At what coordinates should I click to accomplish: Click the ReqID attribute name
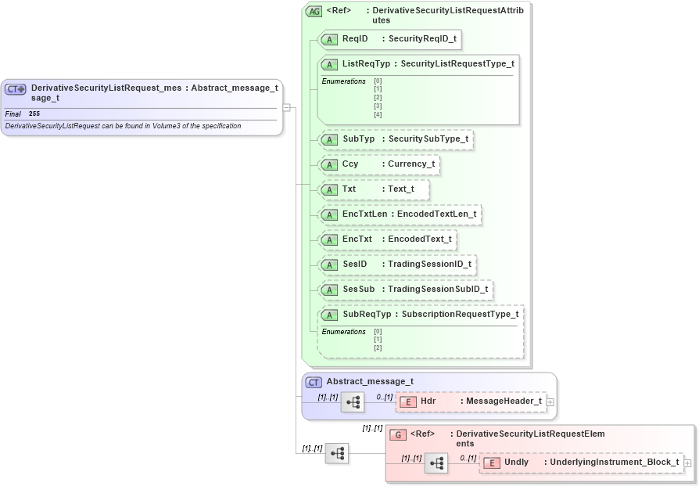pyautogui.click(x=355, y=38)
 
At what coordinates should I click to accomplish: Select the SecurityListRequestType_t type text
pyautogui.click(x=457, y=63)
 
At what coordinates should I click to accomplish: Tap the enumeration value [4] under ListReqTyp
pyautogui.click(x=378, y=114)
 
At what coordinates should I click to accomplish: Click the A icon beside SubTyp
pyautogui.click(x=329, y=139)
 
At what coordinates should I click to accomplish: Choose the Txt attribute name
pyautogui.click(x=349, y=189)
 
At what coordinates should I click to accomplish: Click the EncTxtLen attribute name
pyautogui.click(x=364, y=214)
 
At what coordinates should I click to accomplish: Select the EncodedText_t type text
pyautogui.click(x=419, y=239)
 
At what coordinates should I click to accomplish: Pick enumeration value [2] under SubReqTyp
pyautogui.click(x=378, y=347)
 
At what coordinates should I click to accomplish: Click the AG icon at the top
pyautogui.click(x=314, y=12)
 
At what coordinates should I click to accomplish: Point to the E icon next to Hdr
pyautogui.click(x=407, y=401)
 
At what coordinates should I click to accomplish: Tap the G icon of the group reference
pyautogui.click(x=398, y=434)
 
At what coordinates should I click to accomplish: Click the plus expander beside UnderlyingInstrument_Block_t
pyautogui.click(x=687, y=463)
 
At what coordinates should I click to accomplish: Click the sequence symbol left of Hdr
pyautogui.click(x=353, y=402)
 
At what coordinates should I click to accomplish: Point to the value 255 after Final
pyautogui.click(x=34, y=114)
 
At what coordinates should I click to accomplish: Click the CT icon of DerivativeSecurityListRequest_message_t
pyautogui.click(x=16, y=89)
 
